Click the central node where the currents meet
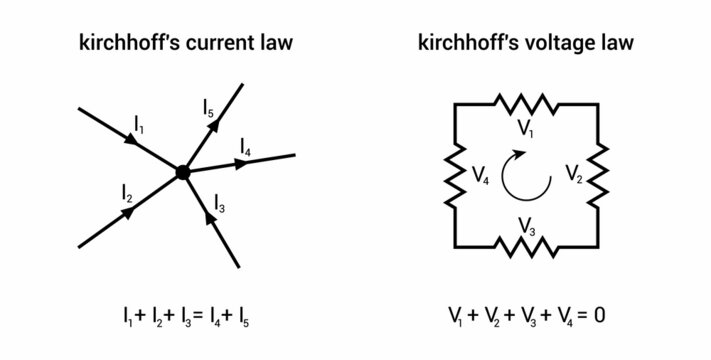pos(182,172)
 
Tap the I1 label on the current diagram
pos(138,124)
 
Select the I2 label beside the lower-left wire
pos(127,190)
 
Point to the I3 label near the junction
pos(219,207)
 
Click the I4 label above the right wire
pos(245,149)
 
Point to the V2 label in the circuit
pos(573,176)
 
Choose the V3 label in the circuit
pos(527,231)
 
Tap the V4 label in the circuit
pos(481,179)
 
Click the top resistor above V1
pos(526,103)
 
